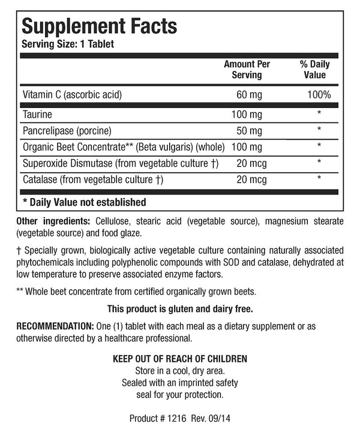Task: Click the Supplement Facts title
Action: click(99, 26)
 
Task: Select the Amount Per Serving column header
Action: click(247, 70)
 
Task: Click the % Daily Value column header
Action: click(315, 70)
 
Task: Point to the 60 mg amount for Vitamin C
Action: click(250, 95)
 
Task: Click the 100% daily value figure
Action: click(318, 95)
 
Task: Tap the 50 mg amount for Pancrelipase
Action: click(250, 130)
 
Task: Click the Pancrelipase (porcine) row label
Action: click(68, 130)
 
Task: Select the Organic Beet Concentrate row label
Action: click(122, 146)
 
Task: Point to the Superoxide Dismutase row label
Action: click(119, 163)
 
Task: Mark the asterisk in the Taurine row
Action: click(319, 113)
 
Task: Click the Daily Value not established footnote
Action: click(84, 202)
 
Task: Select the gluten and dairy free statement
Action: click(179, 309)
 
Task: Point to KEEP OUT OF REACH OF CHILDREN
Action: click(180, 359)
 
